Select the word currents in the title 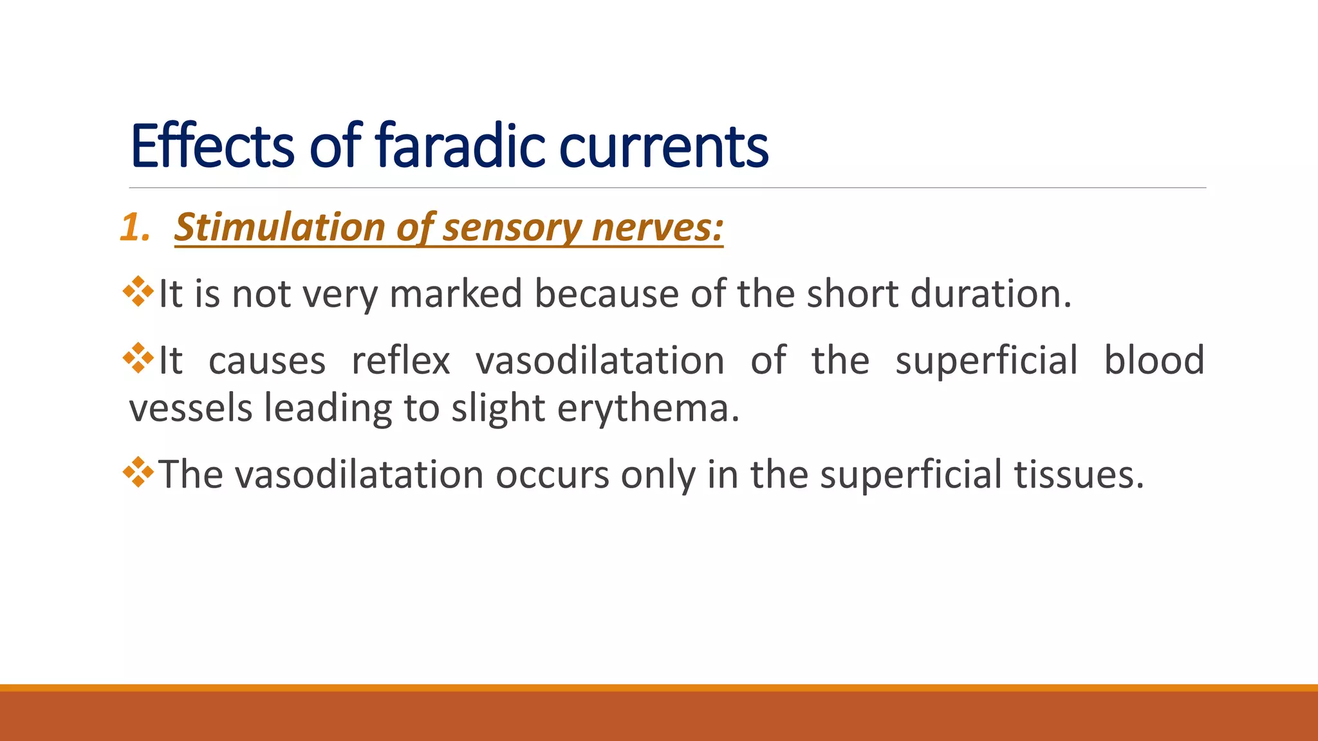664,146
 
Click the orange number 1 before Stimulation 133,228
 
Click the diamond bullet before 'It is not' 138,291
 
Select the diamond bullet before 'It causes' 138,358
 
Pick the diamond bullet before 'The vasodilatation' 138,472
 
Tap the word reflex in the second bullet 400,360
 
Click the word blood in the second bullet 1154,360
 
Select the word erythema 648,408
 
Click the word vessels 190,408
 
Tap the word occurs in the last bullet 552,475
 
